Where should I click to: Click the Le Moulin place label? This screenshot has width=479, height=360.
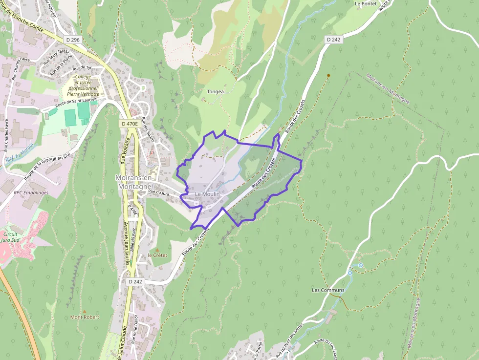[207, 194]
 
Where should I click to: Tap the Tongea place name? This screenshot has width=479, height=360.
[216, 91]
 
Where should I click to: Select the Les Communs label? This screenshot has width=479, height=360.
[328, 290]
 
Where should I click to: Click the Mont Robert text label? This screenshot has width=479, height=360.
[85, 317]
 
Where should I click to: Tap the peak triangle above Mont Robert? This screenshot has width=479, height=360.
[85, 311]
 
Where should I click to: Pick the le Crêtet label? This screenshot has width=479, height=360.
[157, 255]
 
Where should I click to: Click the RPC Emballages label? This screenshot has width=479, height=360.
[31, 192]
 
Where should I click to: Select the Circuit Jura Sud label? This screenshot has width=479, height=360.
[11, 237]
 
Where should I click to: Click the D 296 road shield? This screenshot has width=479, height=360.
[72, 40]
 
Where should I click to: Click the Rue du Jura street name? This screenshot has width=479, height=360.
[158, 193]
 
